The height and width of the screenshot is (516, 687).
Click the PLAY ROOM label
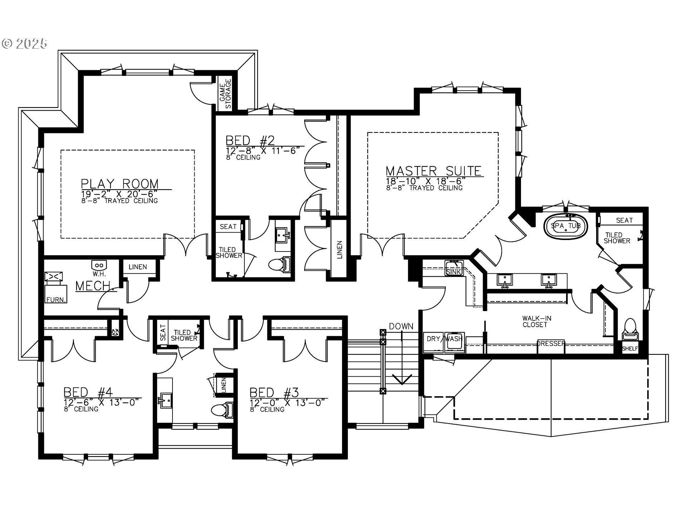click(x=120, y=183)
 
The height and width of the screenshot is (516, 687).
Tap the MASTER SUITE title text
click(x=434, y=171)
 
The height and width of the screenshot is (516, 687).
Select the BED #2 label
click(x=250, y=140)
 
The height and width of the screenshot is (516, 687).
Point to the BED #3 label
click(x=274, y=392)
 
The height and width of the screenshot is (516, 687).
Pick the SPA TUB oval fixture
click(x=566, y=226)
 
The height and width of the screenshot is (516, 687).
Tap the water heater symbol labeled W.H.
click(x=99, y=266)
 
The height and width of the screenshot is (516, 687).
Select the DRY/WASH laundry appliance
click(x=444, y=342)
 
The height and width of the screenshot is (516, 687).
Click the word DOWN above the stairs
click(x=401, y=326)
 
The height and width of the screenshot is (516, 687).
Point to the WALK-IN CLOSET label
click(x=535, y=321)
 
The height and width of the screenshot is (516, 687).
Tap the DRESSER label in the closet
click(x=551, y=343)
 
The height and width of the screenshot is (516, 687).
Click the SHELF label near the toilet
click(x=630, y=348)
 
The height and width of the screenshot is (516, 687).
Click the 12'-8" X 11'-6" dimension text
click(x=262, y=150)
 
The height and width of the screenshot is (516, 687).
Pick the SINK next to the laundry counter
click(x=454, y=268)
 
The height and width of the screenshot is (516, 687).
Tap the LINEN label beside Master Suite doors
click(x=339, y=250)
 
